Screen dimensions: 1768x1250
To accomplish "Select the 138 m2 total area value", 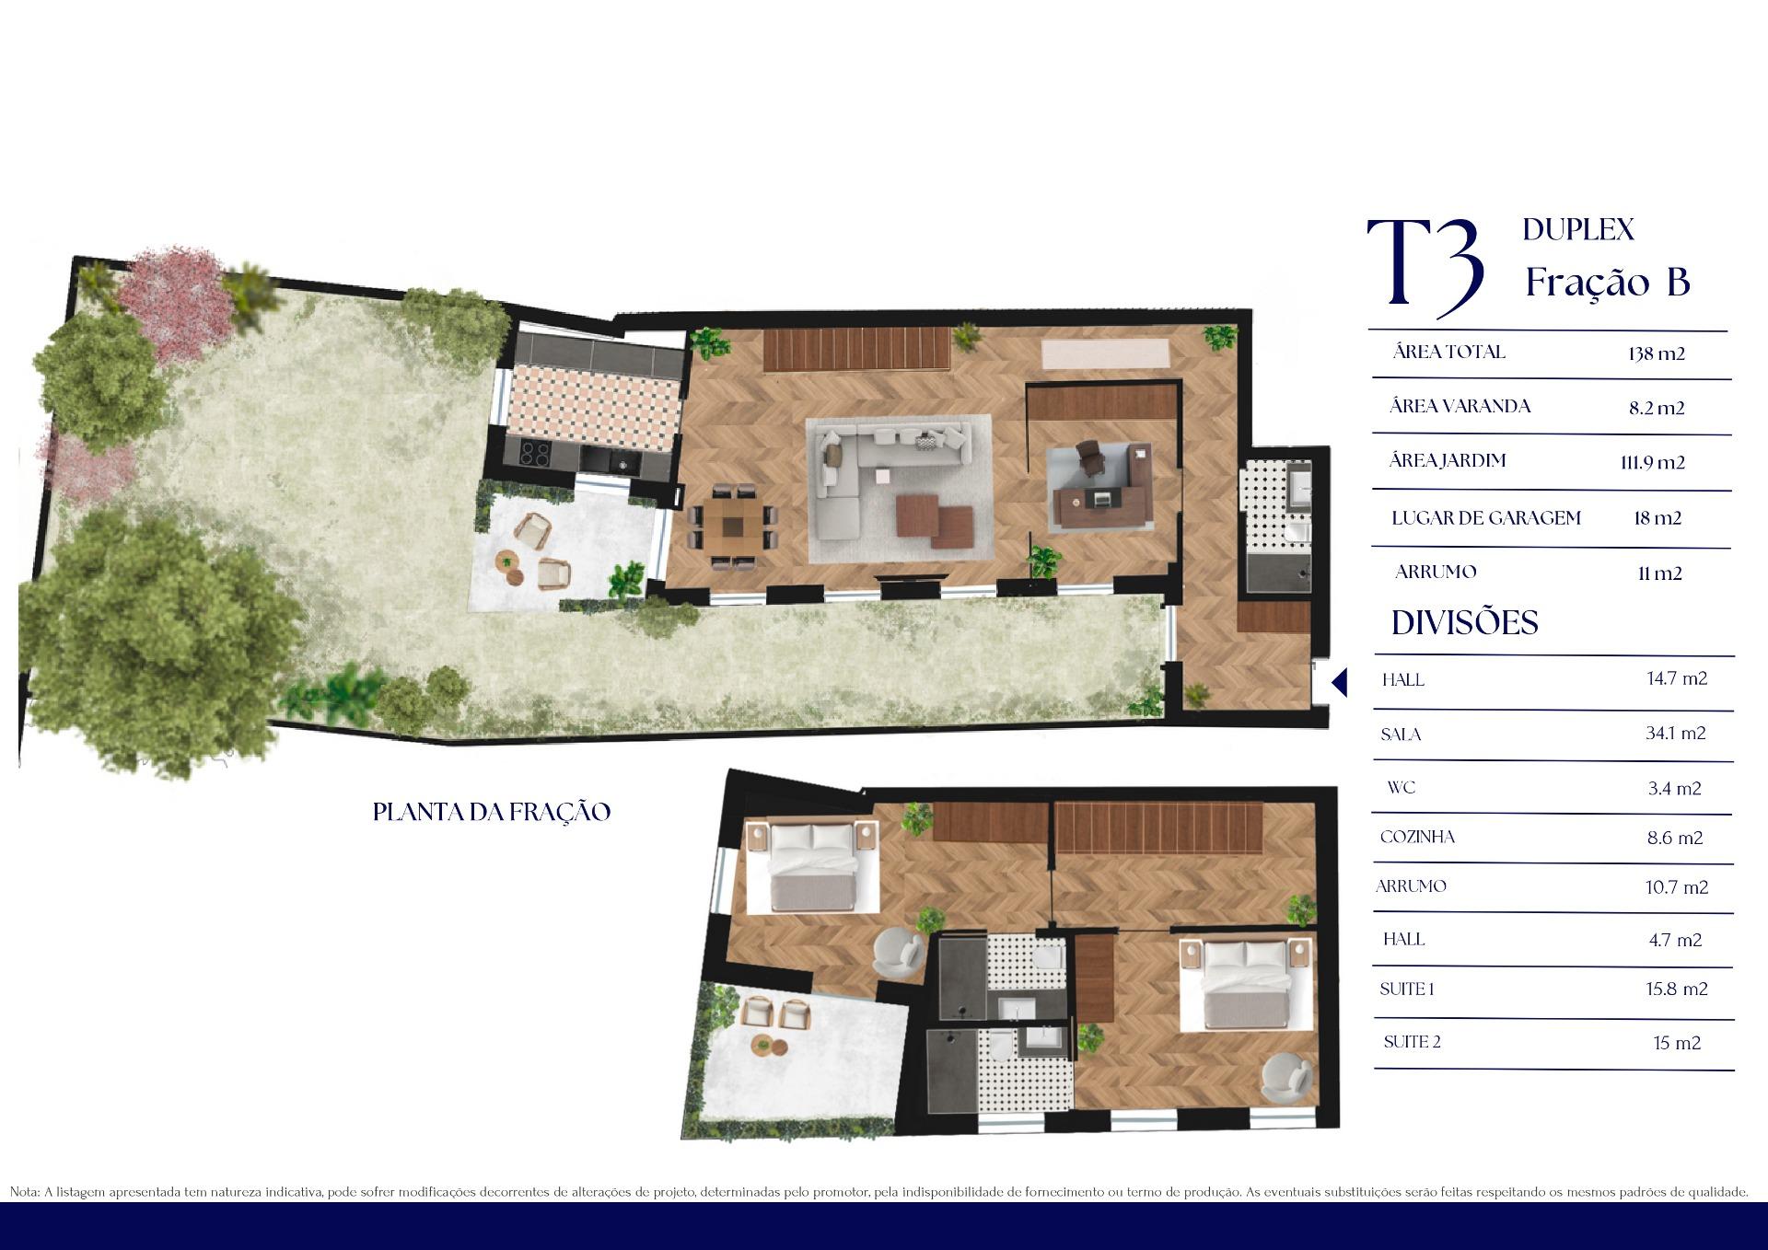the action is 1656,353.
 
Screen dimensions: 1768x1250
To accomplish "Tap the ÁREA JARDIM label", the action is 1447,460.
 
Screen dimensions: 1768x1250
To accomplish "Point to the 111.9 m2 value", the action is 1653,462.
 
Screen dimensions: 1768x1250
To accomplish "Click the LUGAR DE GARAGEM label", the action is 1486,517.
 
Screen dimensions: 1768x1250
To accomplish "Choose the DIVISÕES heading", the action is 1464,623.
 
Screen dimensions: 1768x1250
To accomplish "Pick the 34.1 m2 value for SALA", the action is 1676,734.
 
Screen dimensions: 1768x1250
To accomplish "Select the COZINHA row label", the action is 1417,837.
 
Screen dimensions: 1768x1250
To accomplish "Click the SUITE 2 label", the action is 1412,1042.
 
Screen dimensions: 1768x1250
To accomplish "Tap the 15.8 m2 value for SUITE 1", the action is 1677,990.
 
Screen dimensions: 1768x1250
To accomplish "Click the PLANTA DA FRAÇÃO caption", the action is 492,812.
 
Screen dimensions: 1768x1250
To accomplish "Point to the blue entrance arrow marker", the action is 1340,683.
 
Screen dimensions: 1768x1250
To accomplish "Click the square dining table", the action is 732,526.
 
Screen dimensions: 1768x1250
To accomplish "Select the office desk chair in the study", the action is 1088,457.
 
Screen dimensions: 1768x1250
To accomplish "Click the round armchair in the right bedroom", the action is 1286,1079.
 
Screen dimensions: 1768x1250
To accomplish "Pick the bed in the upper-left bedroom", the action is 812,867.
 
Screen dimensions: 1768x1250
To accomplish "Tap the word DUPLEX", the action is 1578,229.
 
